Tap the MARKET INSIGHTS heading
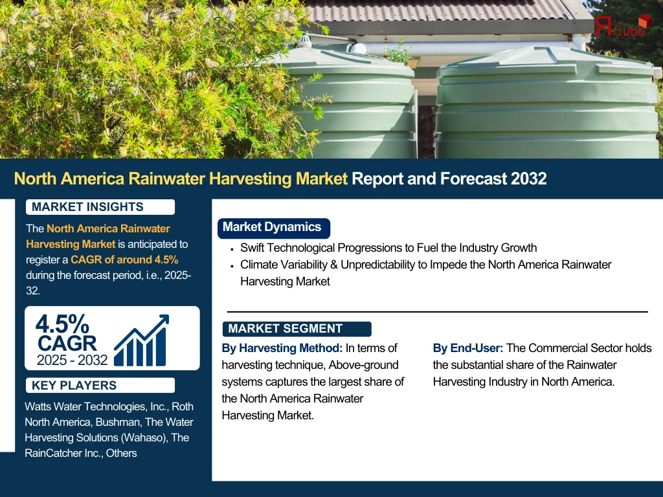pos(87,207)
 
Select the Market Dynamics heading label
pos(272,227)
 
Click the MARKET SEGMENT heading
pos(285,329)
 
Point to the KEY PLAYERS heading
pos(74,386)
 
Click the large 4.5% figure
pos(62,324)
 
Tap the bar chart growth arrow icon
pos(142,340)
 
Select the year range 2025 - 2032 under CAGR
pos(72,360)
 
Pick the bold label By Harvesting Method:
pos(282,348)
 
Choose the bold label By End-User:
pos(467,348)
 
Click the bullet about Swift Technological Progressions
pos(388,248)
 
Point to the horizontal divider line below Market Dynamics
pos(437,312)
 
